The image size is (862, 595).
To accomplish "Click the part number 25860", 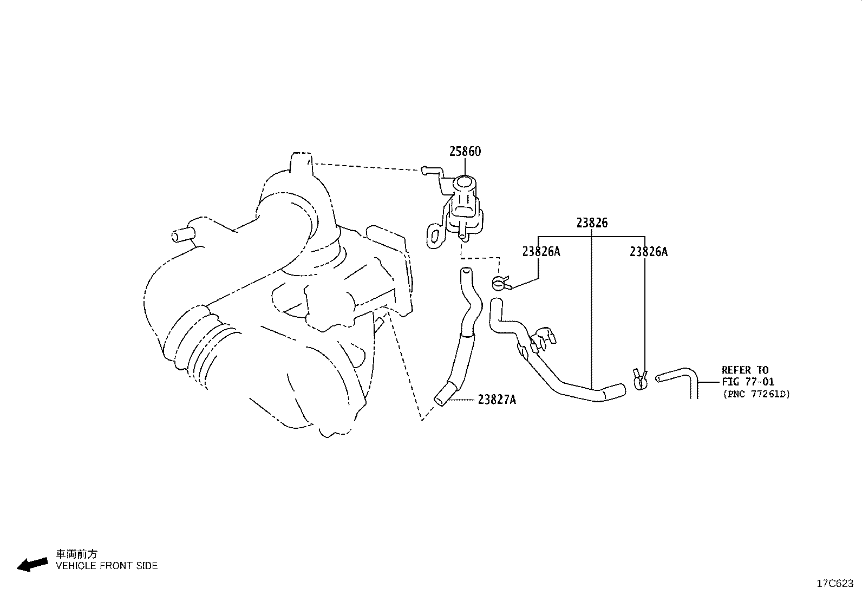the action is tap(465, 151).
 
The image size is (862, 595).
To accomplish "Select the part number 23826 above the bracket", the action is tap(592, 223).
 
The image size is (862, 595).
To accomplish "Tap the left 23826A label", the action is tap(541, 251).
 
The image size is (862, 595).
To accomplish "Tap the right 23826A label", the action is tap(649, 252).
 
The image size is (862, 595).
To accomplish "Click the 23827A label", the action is tap(497, 400).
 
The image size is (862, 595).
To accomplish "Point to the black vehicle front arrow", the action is tap(32, 564).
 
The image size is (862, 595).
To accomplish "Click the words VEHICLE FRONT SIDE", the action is tap(107, 566).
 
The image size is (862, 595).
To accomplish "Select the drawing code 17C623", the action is tap(835, 584).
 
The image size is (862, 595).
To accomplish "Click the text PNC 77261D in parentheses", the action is tap(756, 394).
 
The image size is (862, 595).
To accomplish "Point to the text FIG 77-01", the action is tap(748, 382).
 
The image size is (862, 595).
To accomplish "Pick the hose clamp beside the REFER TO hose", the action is tap(639, 379).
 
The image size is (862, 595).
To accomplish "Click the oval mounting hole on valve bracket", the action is tap(435, 237).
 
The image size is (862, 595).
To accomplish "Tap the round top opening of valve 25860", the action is tap(465, 182).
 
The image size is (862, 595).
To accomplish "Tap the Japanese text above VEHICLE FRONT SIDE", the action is tap(76, 554).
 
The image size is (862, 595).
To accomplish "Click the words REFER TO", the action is tap(745, 370).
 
